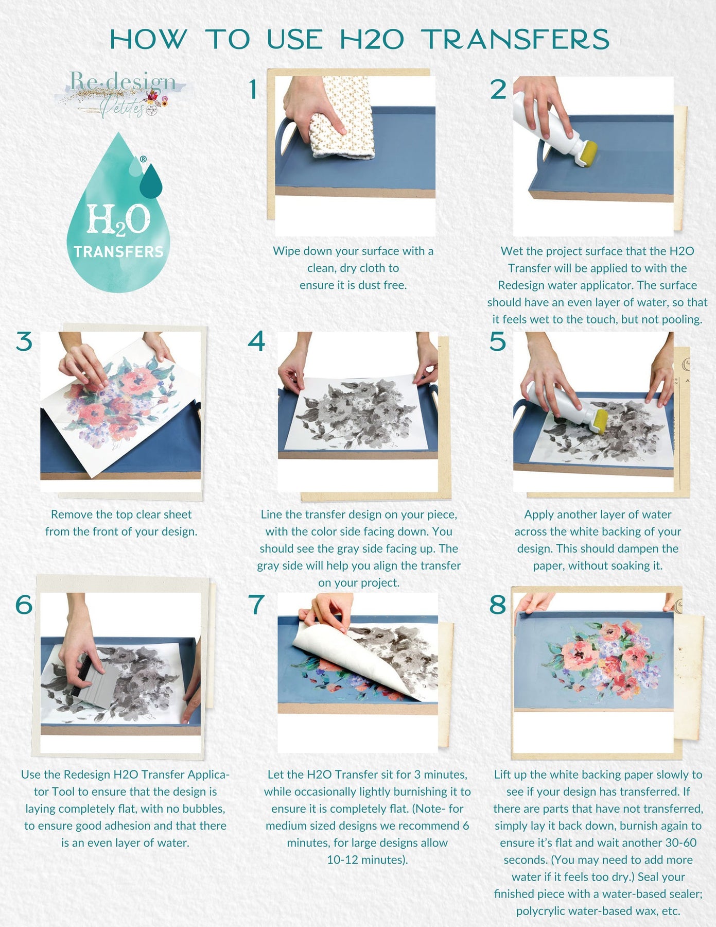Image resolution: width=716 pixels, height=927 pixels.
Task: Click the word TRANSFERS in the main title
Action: point(515,40)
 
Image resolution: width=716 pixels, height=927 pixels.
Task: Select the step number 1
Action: point(253,90)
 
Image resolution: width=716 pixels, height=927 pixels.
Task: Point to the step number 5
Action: point(498,341)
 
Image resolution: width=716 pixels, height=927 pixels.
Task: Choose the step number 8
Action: point(498,604)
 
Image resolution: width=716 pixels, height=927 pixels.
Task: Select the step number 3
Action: point(24,341)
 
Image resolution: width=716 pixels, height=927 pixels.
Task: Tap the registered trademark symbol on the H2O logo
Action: point(143,160)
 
